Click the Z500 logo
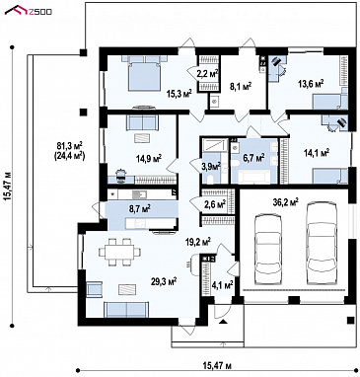[29, 11]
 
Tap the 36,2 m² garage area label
[285, 201]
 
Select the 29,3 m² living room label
[164, 281]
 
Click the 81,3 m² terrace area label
[69, 145]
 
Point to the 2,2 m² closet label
[208, 74]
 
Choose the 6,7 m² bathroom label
[254, 158]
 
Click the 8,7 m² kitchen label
[139, 207]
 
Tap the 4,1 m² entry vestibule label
[223, 284]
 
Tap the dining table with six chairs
[119, 252]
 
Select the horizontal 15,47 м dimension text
[217, 365]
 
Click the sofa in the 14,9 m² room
[141, 122]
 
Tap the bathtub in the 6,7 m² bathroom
[253, 178]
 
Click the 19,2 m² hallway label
[197, 243]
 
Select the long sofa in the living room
[126, 310]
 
